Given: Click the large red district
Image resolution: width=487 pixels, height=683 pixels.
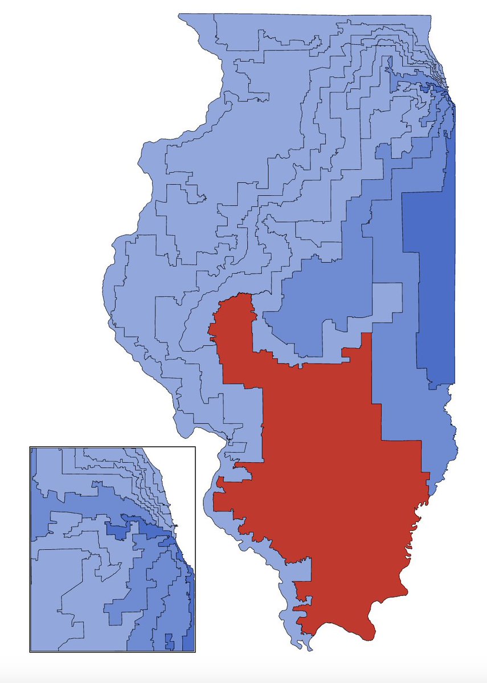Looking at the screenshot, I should pyautogui.click(x=330, y=472).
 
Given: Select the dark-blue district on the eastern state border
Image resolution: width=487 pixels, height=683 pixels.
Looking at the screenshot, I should pyautogui.click(x=433, y=273).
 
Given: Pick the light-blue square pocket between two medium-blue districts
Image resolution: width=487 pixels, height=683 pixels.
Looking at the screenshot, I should pyautogui.click(x=387, y=302).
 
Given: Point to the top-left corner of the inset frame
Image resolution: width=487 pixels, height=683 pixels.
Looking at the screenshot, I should pyautogui.click(x=30, y=447).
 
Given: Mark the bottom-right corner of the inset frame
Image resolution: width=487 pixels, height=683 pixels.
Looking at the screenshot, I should pyautogui.click(x=195, y=651).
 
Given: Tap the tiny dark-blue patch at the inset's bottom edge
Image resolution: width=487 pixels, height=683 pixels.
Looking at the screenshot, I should pyautogui.click(x=169, y=644).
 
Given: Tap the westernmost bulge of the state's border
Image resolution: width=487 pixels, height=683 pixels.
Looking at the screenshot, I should pyautogui.click(x=103, y=285).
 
